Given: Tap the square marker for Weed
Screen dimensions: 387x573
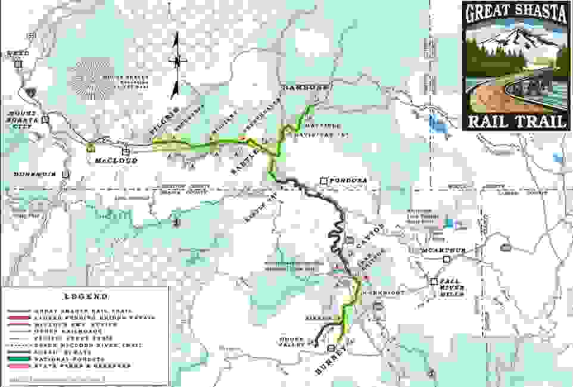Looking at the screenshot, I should [18, 64].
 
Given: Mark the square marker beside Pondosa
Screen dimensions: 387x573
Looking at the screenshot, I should [324, 180].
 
